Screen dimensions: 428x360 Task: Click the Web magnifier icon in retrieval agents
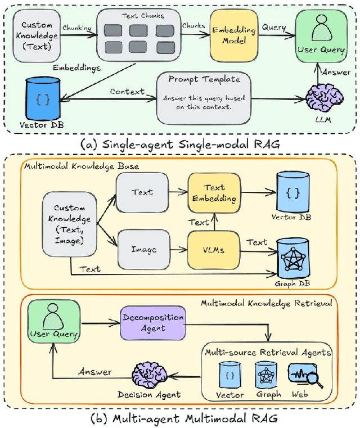click(x=304, y=376)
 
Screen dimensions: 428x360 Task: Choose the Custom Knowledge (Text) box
click(x=37, y=35)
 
